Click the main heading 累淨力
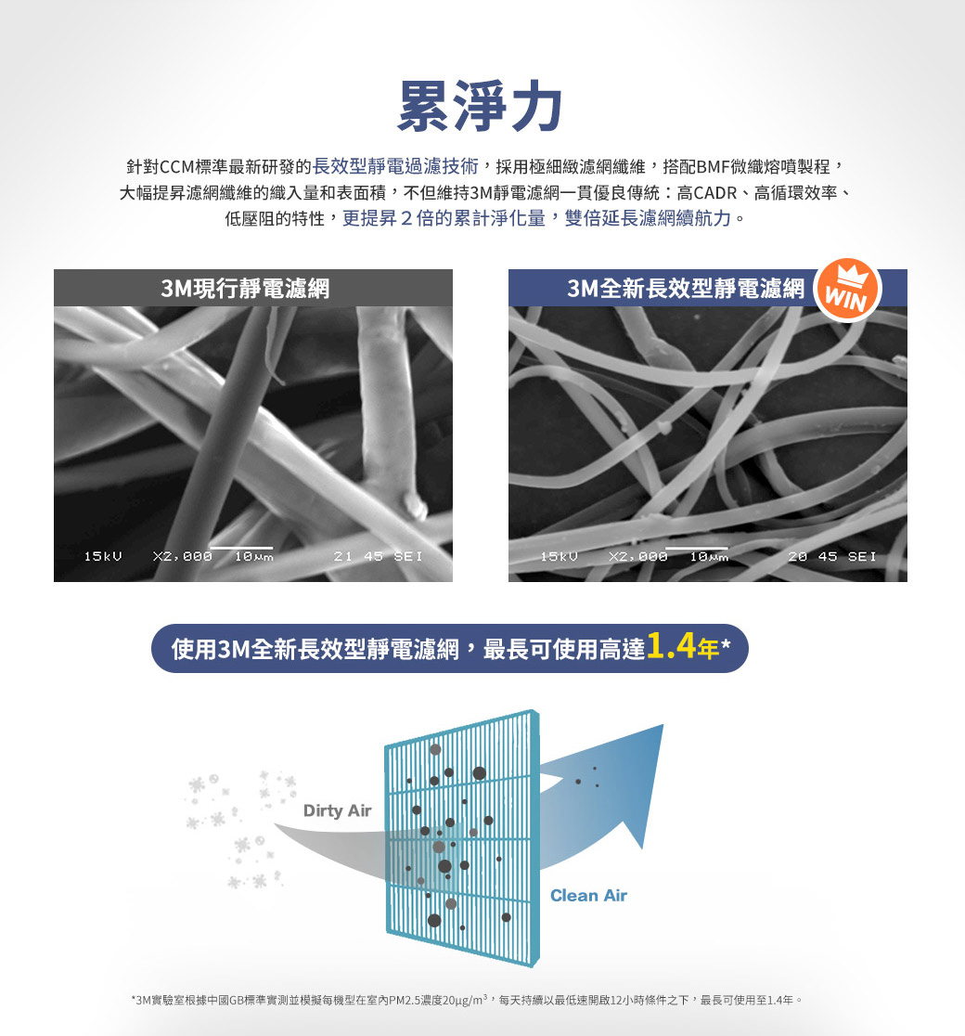481,107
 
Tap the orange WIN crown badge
847,290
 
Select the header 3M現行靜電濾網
245,289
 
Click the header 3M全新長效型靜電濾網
686,289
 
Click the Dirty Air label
337,810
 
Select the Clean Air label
588,895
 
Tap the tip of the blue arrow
663,725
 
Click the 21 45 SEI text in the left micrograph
378,556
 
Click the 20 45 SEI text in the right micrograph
832,556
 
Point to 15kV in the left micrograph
102,556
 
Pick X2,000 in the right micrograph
638,556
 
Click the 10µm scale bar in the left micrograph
242,548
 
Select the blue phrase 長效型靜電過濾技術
395,166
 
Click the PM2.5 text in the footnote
404,1001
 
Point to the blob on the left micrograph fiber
414,505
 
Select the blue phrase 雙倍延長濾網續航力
648,218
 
